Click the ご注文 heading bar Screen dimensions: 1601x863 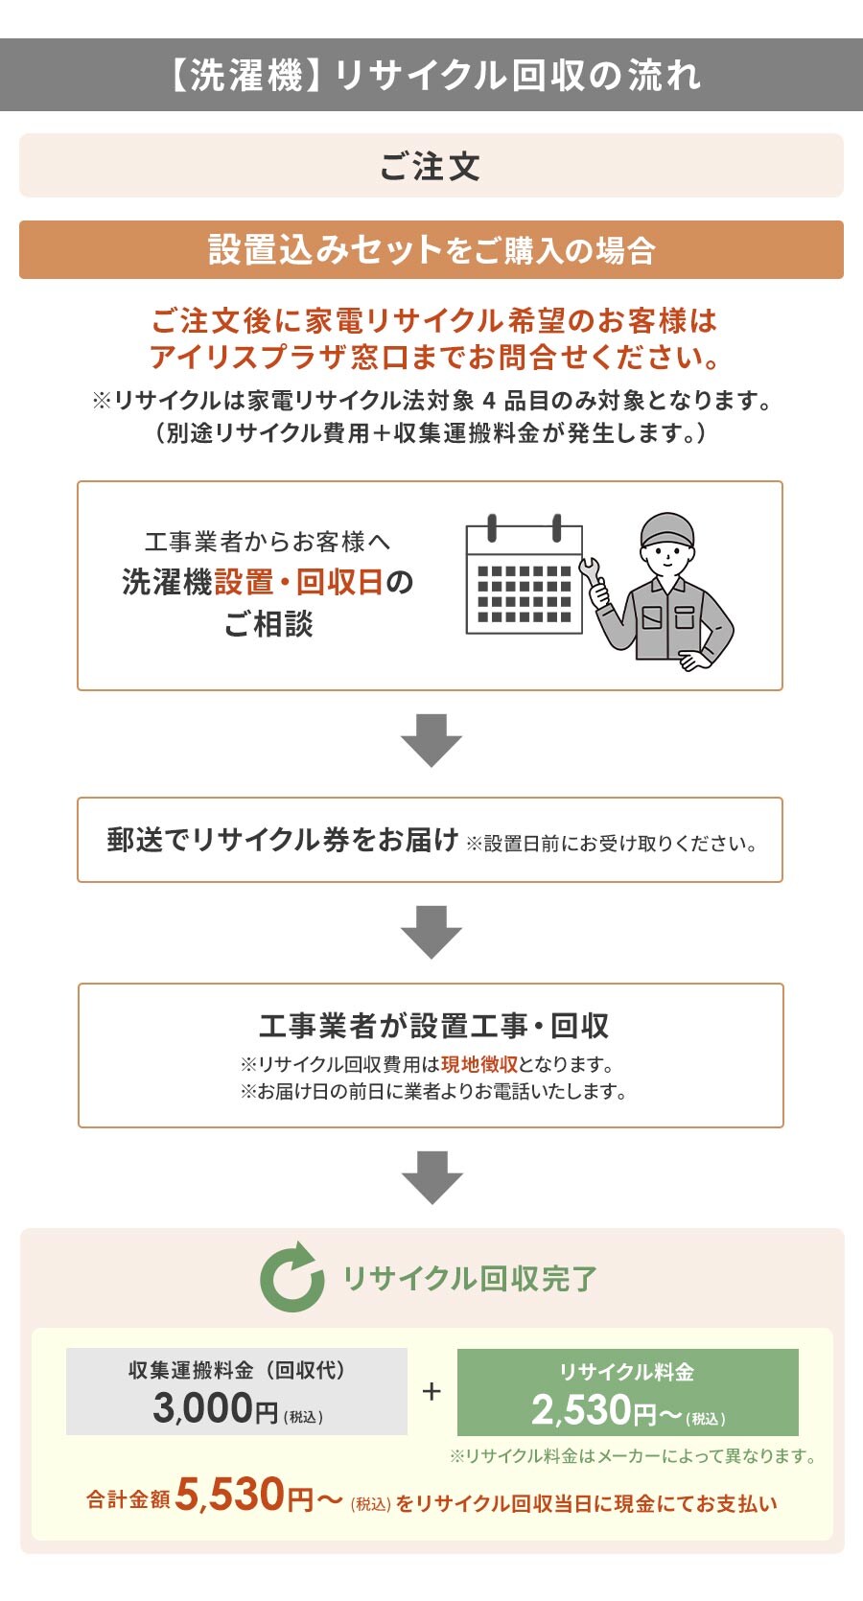[x=431, y=166]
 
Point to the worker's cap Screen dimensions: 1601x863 [x=666, y=530]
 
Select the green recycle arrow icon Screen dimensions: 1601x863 [x=292, y=1277]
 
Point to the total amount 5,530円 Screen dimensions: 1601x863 [x=245, y=1496]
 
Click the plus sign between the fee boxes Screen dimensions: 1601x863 [x=431, y=1391]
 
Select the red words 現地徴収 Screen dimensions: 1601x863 [x=479, y=1064]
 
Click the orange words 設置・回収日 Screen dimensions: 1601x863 [x=299, y=582]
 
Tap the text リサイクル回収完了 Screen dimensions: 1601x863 [x=470, y=1278]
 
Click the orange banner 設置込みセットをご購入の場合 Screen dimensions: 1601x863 [x=431, y=250]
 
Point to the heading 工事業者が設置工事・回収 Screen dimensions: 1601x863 [x=433, y=1026]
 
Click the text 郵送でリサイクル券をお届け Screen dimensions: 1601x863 [x=283, y=840]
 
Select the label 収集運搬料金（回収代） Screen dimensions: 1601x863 [x=237, y=1370]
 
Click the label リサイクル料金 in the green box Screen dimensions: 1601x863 [x=627, y=1372]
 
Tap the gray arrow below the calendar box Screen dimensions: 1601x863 [x=431, y=740]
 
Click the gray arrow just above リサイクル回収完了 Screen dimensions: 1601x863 [x=431, y=1177]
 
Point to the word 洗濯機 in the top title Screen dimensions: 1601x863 [x=246, y=76]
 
